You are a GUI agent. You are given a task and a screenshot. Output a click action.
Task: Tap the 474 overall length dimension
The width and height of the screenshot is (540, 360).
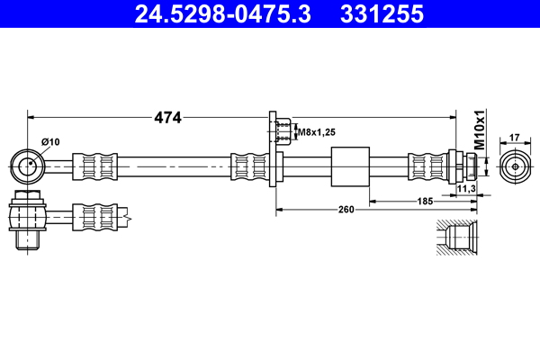168,117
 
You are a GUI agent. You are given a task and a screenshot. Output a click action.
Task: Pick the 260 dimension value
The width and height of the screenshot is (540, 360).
346,210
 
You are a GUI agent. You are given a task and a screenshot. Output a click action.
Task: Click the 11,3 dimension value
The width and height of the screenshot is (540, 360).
466,189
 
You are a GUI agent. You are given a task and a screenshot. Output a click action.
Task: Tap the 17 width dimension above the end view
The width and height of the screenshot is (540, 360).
515,138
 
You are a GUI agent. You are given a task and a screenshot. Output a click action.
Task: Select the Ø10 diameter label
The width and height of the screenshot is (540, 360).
50,141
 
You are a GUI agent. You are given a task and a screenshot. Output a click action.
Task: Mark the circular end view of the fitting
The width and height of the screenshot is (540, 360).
515,166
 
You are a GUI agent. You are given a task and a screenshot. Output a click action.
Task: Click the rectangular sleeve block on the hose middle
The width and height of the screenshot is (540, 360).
351,166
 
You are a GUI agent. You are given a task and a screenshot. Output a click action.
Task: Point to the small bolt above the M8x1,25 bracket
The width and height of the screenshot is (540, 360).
281,132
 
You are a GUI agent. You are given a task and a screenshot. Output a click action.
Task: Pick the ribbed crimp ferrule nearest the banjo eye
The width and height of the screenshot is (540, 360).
94,166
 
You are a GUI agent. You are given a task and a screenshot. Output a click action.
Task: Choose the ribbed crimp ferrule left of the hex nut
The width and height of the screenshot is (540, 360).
427,166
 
